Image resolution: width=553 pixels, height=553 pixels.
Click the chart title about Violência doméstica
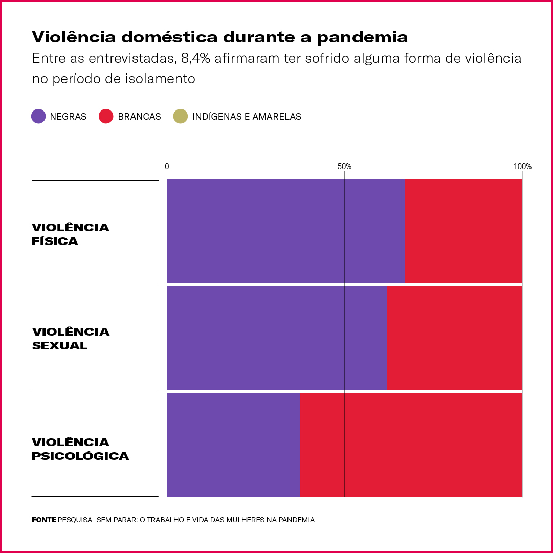[220, 37]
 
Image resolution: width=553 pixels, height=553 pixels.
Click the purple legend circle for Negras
[39, 116]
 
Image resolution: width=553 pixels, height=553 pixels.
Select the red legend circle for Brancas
[105, 116]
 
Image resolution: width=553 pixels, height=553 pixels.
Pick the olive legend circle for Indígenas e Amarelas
[181, 116]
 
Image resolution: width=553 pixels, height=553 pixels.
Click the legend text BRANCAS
[139, 117]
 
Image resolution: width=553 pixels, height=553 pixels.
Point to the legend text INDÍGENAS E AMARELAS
[247, 117]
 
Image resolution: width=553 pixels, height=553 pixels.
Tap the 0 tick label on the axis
[167, 166]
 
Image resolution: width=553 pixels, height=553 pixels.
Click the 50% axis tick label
[344, 166]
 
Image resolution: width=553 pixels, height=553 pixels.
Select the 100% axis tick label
[522, 166]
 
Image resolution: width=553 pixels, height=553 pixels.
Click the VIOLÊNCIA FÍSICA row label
[71, 234]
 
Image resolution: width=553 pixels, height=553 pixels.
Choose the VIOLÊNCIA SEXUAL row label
[71, 339]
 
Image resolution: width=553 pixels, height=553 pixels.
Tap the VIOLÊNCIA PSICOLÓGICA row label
[80, 449]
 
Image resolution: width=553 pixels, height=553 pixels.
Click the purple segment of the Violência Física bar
[285, 231]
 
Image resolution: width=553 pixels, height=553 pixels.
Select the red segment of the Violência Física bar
[463, 231]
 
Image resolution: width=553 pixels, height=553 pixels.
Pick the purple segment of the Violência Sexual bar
[277, 338]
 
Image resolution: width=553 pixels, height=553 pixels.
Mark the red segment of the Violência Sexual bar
[455, 338]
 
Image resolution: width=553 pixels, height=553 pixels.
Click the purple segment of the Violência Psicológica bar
[233, 445]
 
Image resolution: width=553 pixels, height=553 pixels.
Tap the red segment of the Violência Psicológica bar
[411, 445]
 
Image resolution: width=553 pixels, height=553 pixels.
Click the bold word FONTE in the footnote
[43, 520]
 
